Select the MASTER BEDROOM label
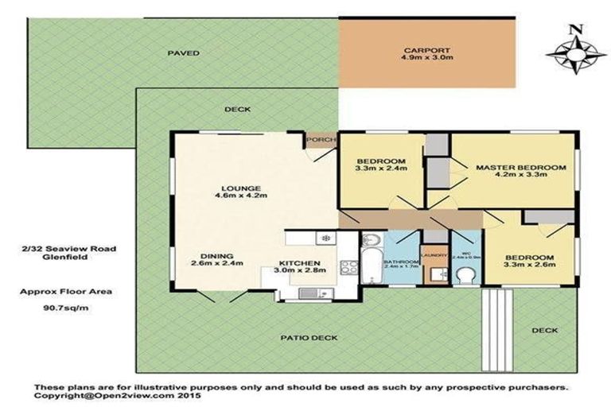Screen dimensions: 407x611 (521, 168)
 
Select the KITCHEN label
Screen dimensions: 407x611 (299, 263)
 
